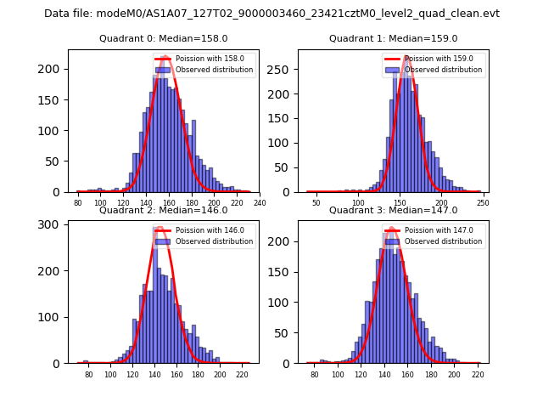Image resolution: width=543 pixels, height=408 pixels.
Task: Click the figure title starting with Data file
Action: pyautogui.click(x=271, y=14)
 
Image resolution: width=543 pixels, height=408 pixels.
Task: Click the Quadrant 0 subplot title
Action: pyautogui.click(x=163, y=38)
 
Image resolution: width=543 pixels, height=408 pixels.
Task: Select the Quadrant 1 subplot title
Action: pyautogui.click(x=393, y=38)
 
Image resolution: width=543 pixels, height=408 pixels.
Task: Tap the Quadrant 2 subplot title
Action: pyautogui.click(x=163, y=210)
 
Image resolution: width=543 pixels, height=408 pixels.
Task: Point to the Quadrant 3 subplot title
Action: pyautogui.click(x=393, y=210)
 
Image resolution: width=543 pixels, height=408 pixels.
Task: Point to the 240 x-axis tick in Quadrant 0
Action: pyautogui.click(x=260, y=202)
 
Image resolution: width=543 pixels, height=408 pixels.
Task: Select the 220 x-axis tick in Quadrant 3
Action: pyautogui.click(x=478, y=374)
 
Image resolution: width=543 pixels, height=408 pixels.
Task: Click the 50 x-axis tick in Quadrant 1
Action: pyautogui.click(x=316, y=202)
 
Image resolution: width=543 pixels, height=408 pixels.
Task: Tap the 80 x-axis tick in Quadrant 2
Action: pyautogui.click(x=88, y=374)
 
